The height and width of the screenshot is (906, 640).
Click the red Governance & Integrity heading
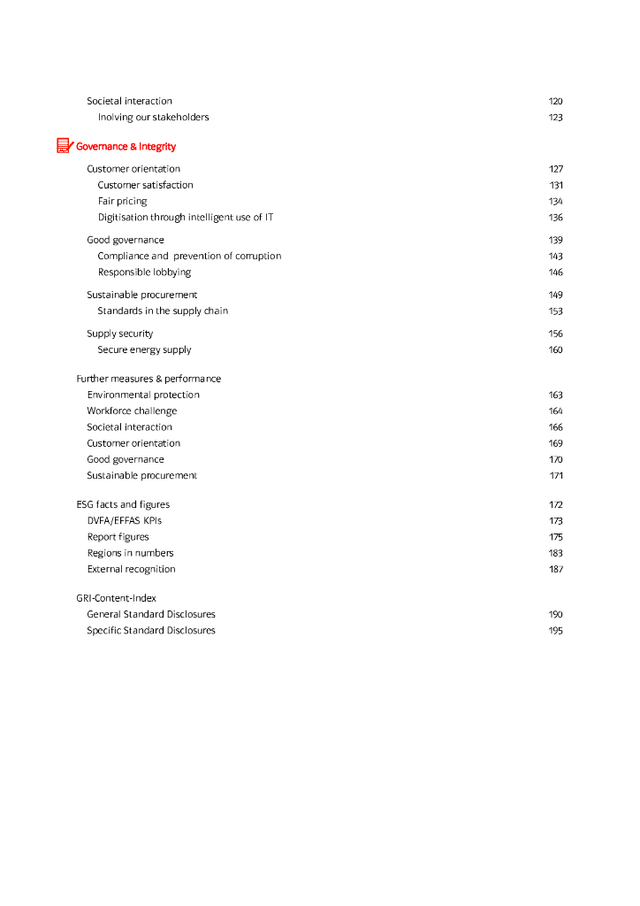126,147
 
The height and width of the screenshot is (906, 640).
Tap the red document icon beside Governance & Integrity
64,146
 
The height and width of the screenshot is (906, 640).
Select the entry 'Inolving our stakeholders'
153,118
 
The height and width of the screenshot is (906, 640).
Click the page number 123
555,118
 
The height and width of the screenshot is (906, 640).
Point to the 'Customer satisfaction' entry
145,186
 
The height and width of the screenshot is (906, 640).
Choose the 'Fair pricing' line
122,202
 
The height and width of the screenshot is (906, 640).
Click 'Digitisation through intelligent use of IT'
186,218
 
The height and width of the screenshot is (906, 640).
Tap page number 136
555,218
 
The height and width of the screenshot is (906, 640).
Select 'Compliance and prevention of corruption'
189,257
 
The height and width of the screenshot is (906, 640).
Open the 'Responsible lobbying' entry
144,273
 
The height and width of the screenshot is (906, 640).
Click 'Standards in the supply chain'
163,311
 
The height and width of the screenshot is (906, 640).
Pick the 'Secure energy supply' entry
144,350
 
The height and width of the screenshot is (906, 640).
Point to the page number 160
555,350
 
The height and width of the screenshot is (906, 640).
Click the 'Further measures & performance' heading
149,379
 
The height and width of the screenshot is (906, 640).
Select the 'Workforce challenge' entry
132,411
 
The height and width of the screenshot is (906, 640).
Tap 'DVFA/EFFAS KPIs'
124,521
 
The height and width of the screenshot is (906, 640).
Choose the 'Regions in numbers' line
130,554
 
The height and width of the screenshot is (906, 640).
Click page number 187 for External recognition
555,570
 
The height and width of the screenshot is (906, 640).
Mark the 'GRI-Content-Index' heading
116,599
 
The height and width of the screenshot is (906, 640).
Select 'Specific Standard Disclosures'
151,631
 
